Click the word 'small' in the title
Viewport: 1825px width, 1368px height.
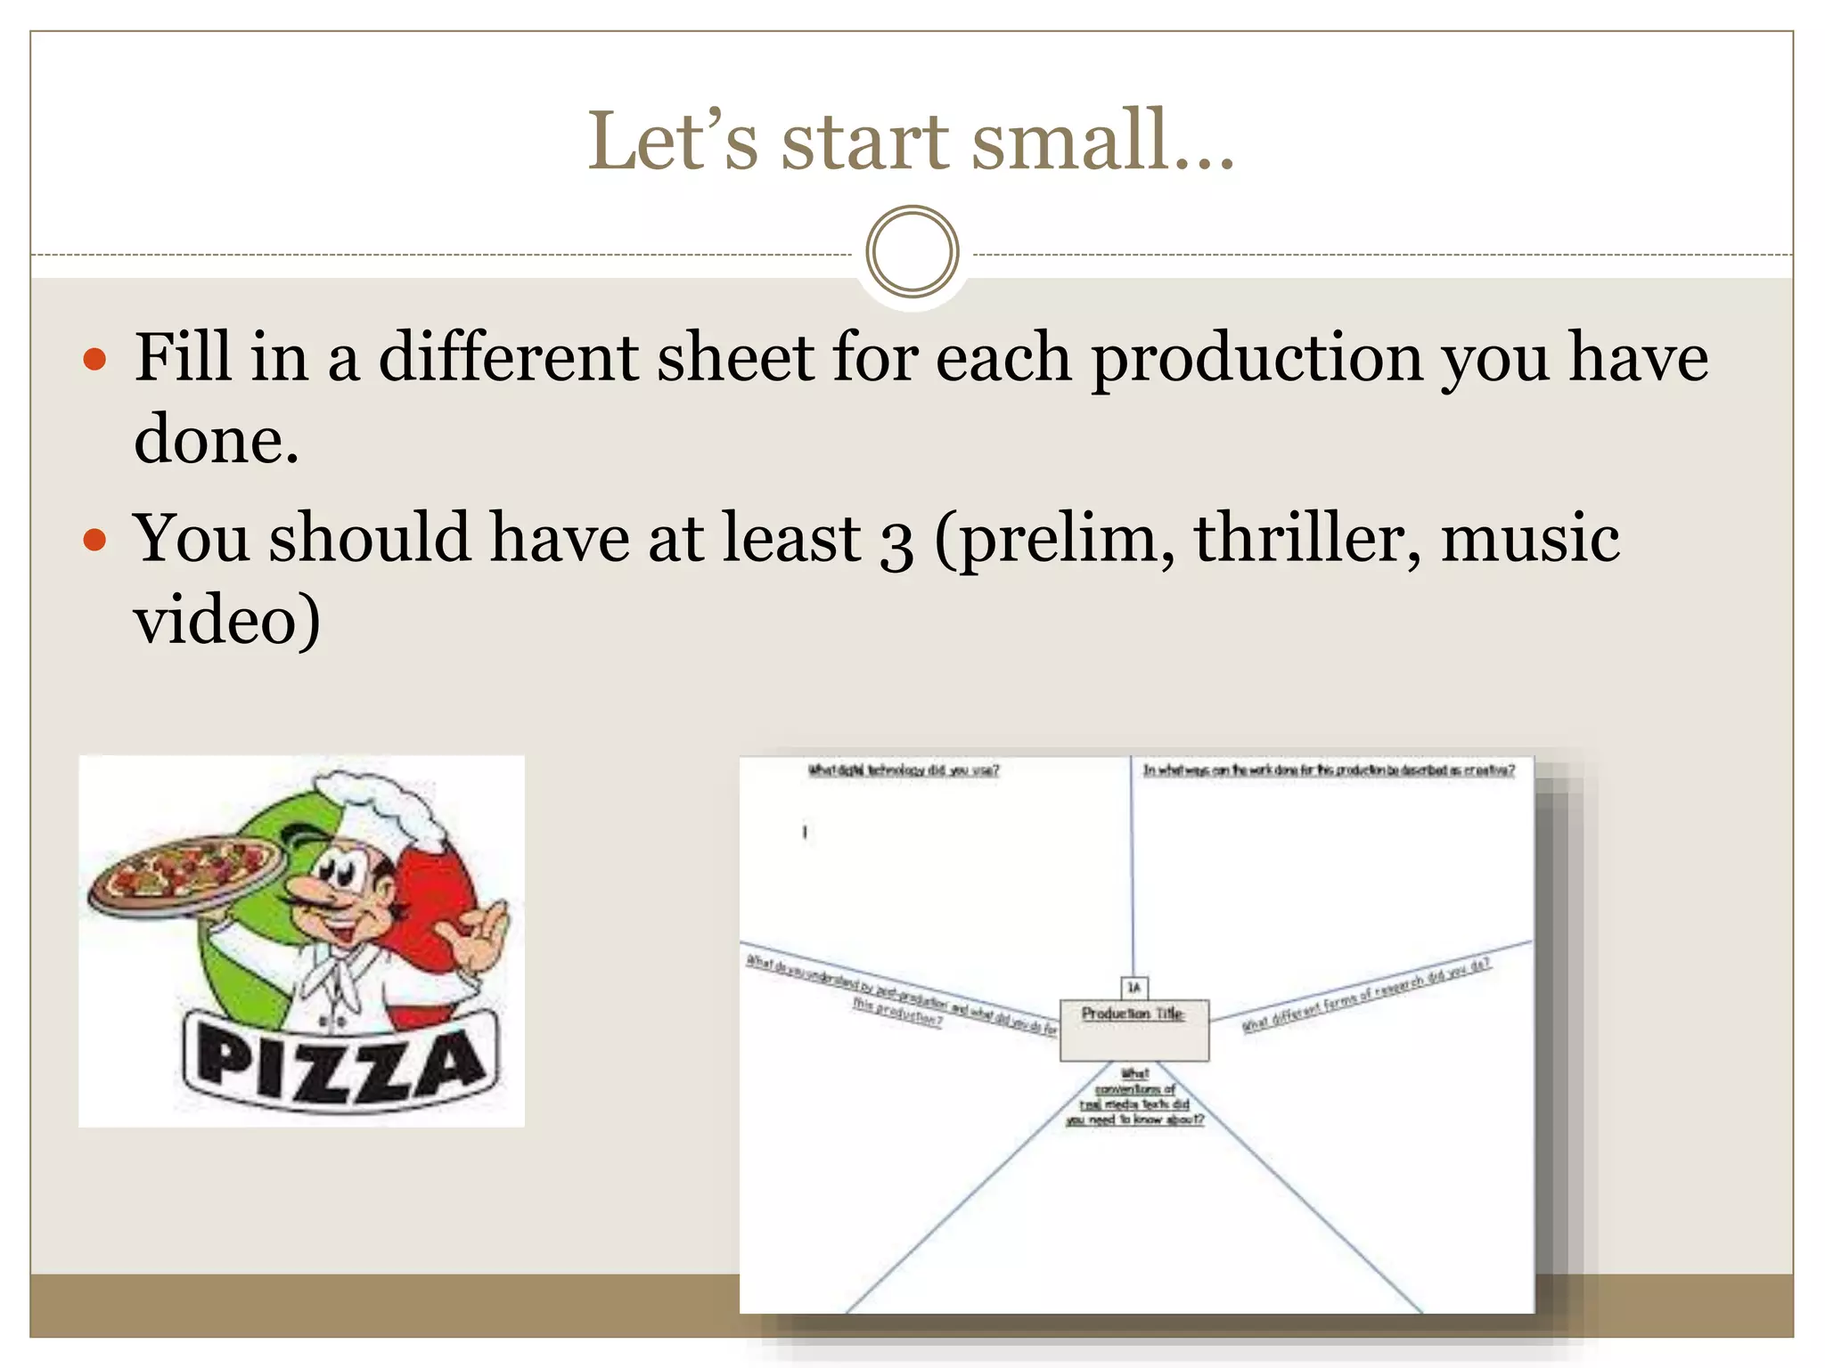coord(1069,142)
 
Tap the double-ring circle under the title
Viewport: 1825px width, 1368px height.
coord(912,251)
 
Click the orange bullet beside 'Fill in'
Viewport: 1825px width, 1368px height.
coord(94,360)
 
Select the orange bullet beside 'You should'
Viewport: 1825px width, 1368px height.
coord(94,540)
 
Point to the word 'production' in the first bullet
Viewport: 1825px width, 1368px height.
coord(1257,358)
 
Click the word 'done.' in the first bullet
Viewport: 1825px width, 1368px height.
coord(217,440)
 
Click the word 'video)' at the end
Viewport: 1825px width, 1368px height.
coord(226,620)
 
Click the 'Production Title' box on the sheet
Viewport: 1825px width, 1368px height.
coord(1133,1030)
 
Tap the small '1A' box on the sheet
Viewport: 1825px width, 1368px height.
coord(1133,987)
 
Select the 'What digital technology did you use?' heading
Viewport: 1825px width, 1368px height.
coord(903,770)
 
